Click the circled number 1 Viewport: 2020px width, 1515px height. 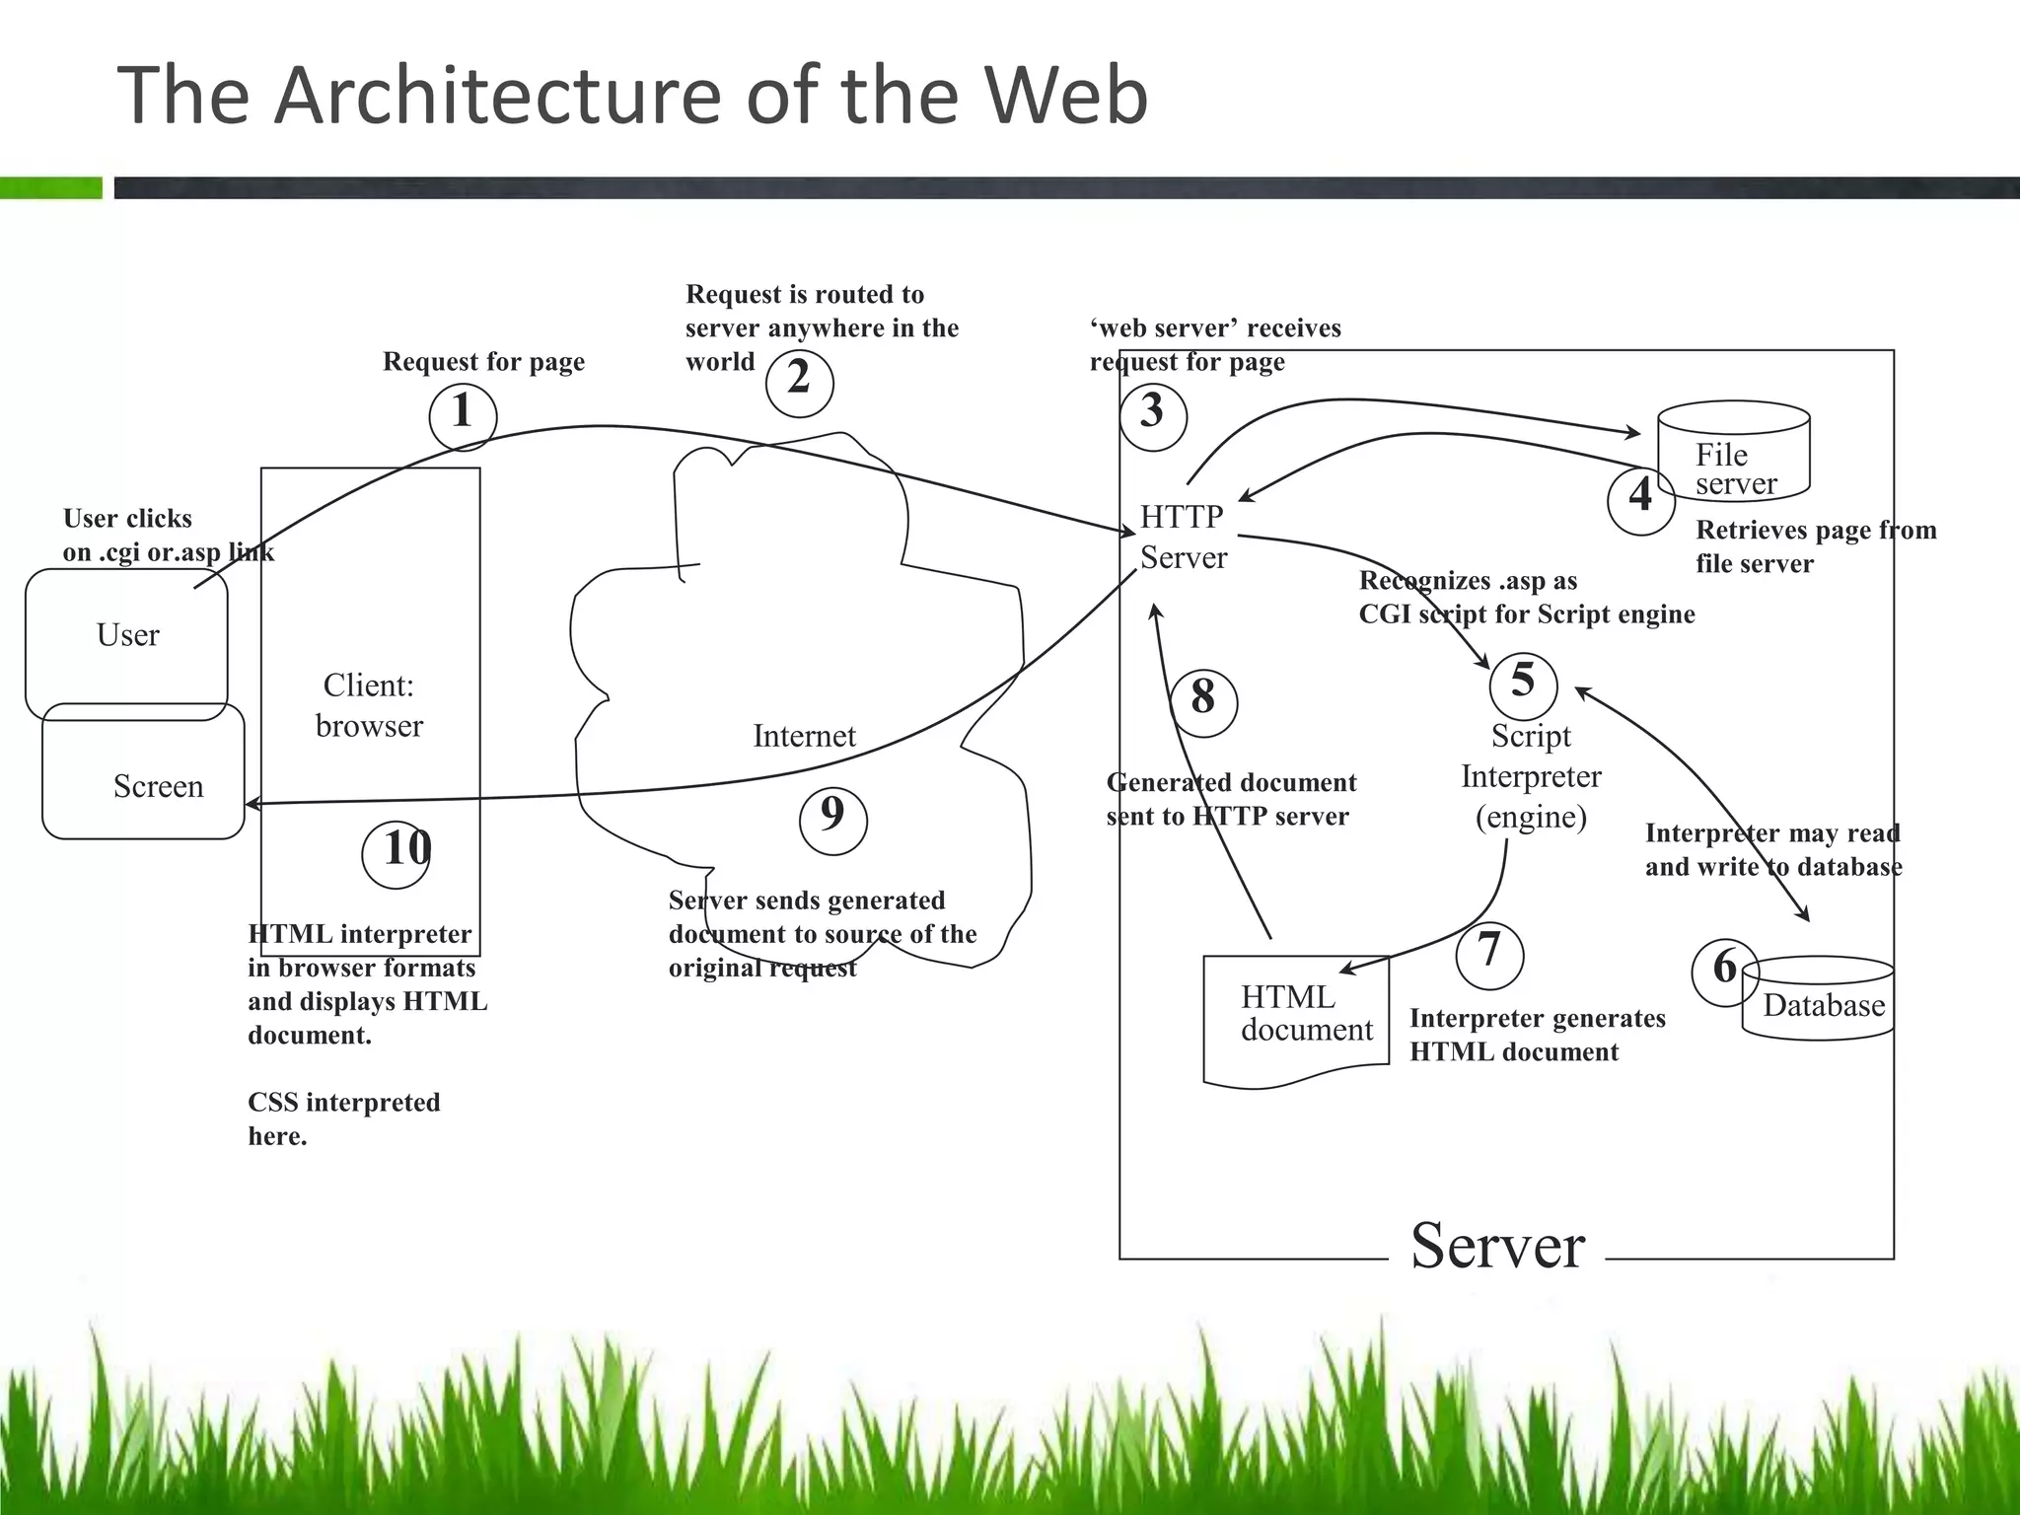point(463,416)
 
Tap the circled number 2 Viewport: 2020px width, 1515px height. point(799,383)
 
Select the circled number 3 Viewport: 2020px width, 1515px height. point(1152,416)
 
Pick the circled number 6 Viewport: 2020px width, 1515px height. point(1724,972)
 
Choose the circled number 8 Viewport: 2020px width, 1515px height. point(1202,702)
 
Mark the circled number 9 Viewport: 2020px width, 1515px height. point(832,820)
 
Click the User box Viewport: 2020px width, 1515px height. point(126,636)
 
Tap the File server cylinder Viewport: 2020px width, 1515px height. point(1734,452)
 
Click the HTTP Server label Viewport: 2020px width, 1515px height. point(1183,538)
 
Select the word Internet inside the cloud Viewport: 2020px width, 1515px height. point(804,737)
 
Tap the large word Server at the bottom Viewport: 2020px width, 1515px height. point(1497,1247)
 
